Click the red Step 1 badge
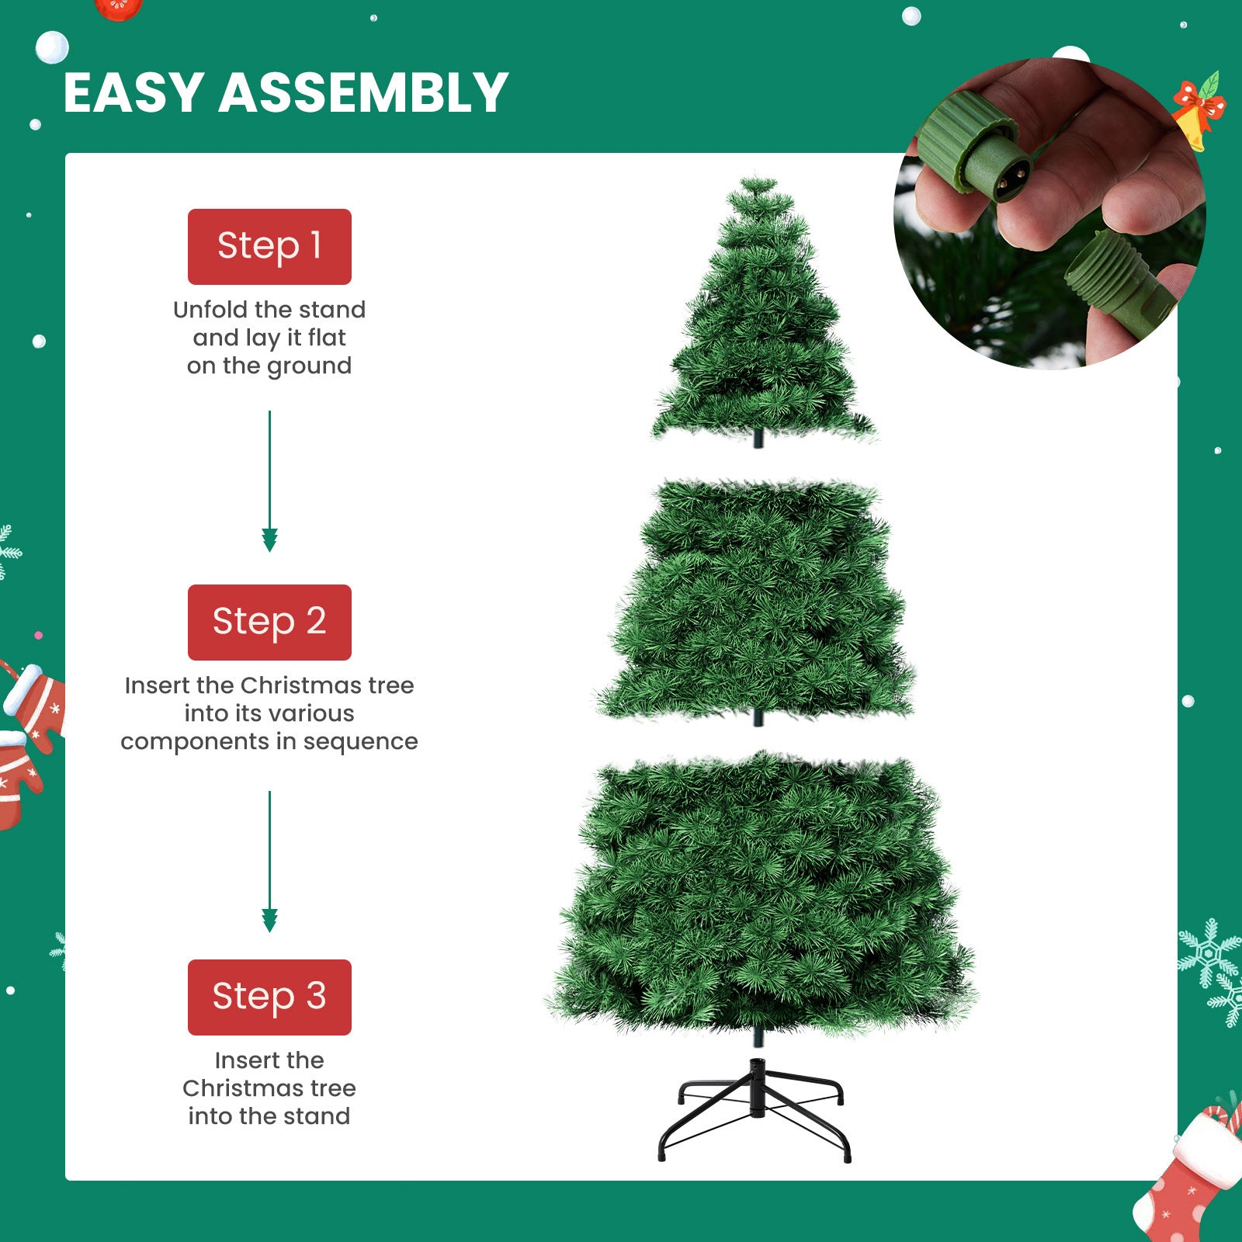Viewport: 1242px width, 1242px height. (x=269, y=246)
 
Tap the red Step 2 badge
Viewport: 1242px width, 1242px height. (x=269, y=622)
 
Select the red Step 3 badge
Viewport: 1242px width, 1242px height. (x=269, y=997)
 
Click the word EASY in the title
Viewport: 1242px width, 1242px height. (x=134, y=93)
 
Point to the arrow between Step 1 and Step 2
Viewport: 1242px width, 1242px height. (x=269, y=481)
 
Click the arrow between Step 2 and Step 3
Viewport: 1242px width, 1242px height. (x=269, y=862)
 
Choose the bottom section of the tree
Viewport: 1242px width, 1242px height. (x=761, y=893)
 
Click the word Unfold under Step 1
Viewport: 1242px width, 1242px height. (x=210, y=310)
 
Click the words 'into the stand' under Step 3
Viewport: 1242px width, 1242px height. (x=269, y=1116)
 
